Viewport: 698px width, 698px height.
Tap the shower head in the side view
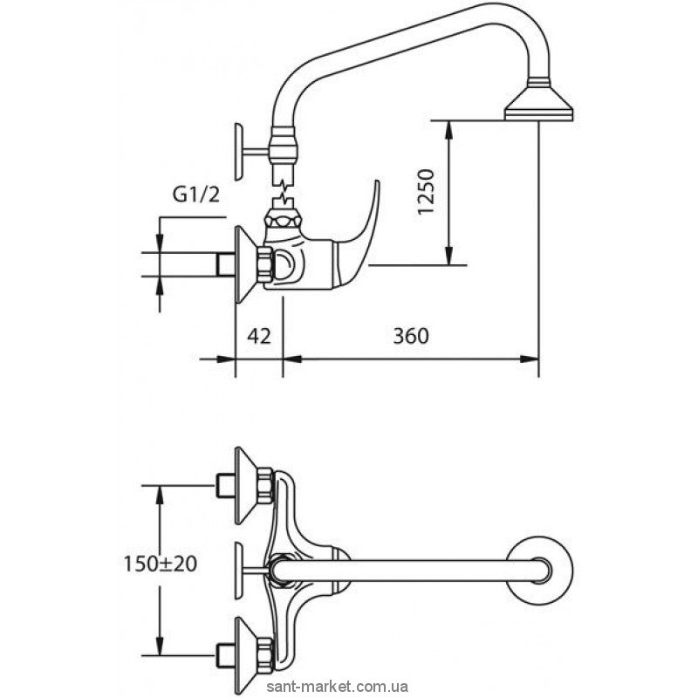click(539, 100)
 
